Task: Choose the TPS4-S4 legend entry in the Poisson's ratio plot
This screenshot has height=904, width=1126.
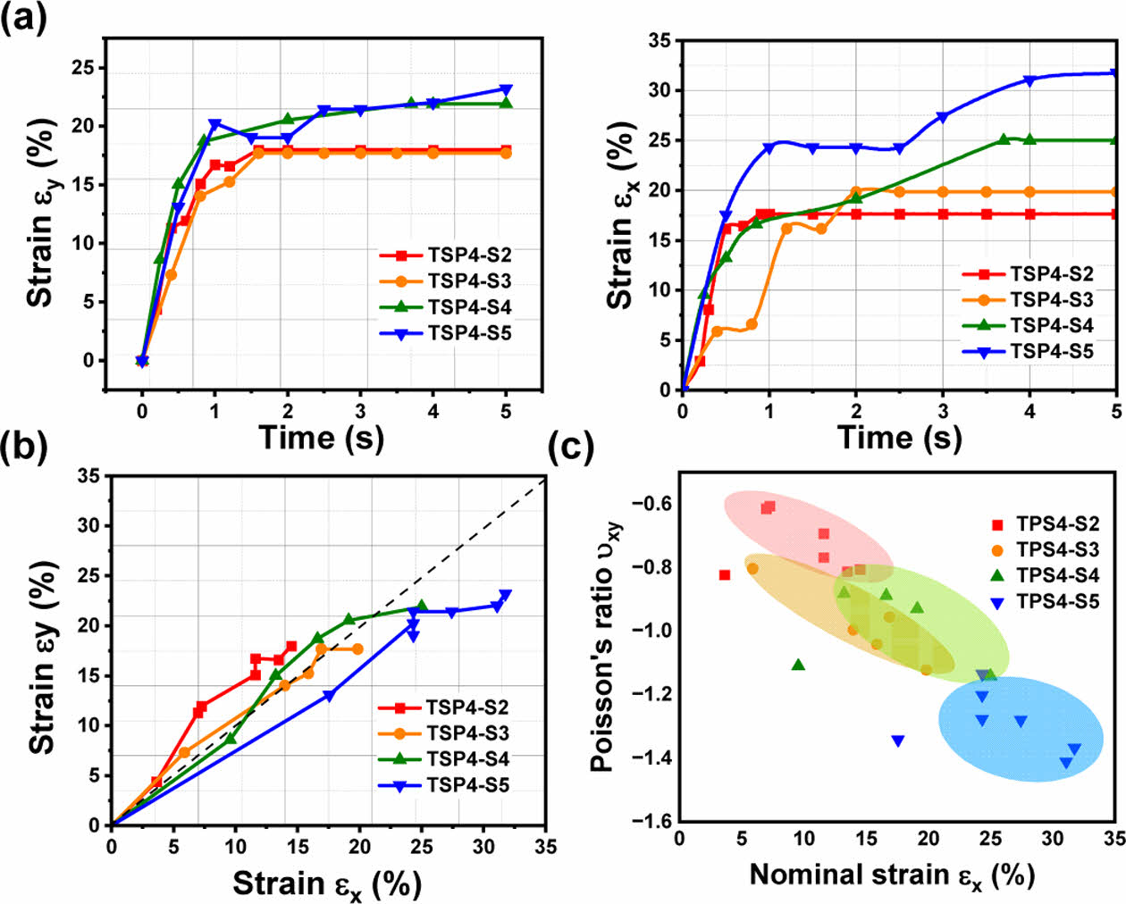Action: pyautogui.click(x=1046, y=576)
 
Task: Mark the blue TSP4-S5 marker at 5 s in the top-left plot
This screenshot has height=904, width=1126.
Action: pyautogui.click(x=507, y=89)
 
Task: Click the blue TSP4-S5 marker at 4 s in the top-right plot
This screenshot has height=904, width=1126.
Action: pyautogui.click(x=1029, y=80)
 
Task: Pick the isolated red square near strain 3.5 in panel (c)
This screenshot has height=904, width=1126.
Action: pyautogui.click(x=725, y=575)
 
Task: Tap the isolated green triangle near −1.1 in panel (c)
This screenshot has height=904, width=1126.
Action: pyautogui.click(x=798, y=665)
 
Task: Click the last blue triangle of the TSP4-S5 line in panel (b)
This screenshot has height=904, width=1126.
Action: pyautogui.click(x=506, y=595)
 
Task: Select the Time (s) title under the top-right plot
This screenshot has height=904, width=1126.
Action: pyautogui.click(x=899, y=438)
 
